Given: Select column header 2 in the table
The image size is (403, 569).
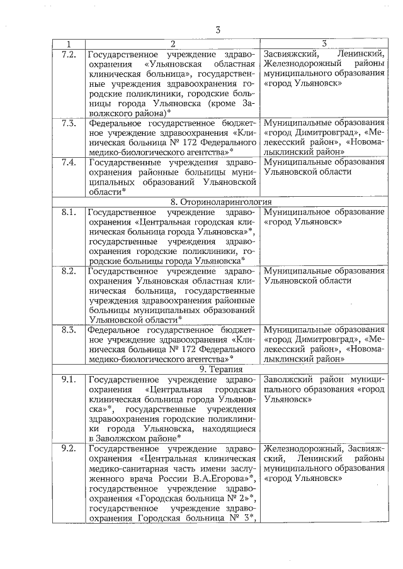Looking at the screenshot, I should point(172,44).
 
